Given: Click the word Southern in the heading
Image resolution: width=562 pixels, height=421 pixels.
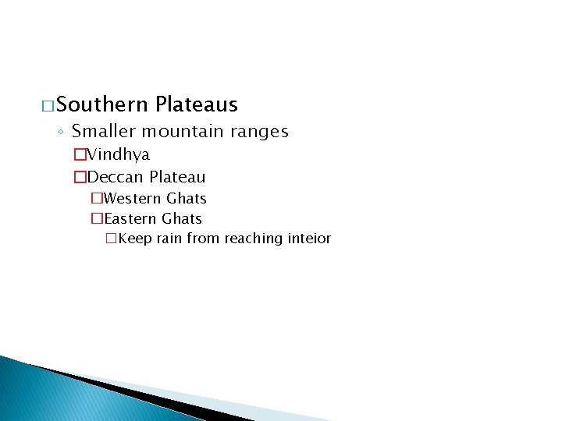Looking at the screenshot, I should tap(101, 104).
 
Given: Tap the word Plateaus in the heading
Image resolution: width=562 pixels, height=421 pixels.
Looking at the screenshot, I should tap(197, 104).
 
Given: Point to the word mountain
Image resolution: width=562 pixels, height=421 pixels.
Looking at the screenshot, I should tap(177, 132).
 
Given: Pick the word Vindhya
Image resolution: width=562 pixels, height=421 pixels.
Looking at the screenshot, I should tap(119, 155).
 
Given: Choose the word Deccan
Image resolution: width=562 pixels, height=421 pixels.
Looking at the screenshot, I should tap(116, 178).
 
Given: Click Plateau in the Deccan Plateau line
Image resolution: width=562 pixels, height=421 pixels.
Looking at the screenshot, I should tap(177, 178).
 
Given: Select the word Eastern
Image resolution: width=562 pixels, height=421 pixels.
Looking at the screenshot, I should tap(130, 219).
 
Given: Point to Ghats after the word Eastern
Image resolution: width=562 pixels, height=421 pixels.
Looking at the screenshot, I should tap(182, 219).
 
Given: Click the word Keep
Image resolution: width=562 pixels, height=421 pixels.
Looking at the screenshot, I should tap(135, 239).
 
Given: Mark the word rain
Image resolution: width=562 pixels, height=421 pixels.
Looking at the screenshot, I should tap(169, 239).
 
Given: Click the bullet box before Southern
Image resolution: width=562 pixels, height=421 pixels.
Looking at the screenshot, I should tap(48, 105).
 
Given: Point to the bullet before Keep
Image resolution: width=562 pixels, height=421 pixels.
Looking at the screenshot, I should tap(111, 239).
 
